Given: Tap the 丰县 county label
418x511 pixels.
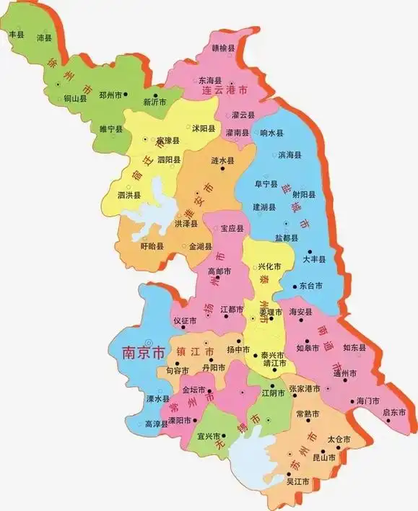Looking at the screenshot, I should pos(15,33).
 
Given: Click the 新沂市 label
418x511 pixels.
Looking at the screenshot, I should pos(155,101).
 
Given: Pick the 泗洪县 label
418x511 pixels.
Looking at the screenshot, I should pos(129,195).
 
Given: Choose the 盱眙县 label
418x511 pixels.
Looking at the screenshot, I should pos(152,246).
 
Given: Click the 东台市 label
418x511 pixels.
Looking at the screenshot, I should pos(310,286).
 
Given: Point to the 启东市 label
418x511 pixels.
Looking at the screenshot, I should pos(394,412).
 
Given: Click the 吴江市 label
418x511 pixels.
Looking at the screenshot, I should pos(297,481).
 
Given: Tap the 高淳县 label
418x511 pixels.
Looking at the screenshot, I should pos(156,424).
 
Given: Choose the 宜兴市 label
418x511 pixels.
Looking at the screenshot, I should pos(207,436).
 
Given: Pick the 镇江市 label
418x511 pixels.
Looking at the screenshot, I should pos(195,351).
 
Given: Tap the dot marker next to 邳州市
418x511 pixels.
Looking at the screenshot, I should pos(126,94).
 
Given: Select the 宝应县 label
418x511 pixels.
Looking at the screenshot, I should pos(232,229).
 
